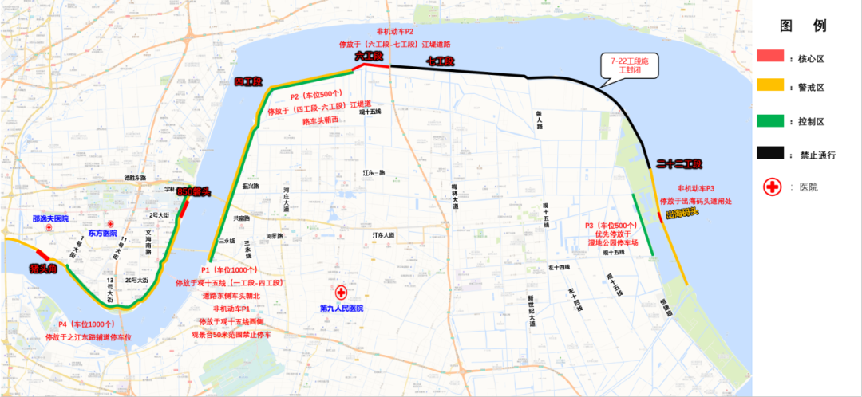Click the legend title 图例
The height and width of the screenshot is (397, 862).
pyautogui.click(x=808, y=26)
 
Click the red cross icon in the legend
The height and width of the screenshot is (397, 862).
pyautogui.click(x=773, y=187)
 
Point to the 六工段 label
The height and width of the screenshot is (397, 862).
pyautogui.click(x=370, y=57)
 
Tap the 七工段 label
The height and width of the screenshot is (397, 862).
pyautogui.click(x=441, y=61)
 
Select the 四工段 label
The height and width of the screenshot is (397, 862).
pyautogui.click(x=249, y=82)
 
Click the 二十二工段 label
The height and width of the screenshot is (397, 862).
pyautogui.click(x=678, y=164)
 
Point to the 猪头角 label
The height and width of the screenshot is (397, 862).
pyautogui.click(x=42, y=269)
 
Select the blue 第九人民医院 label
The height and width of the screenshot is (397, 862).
pyautogui.click(x=341, y=308)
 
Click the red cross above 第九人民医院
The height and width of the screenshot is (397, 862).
pyautogui.click(x=342, y=293)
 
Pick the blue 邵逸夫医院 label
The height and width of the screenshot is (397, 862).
pyautogui.click(x=50, y=218)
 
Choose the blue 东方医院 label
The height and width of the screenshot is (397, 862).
pyautogui.click(x=103, y=234)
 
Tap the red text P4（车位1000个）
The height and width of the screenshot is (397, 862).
pyautogui.click(x=86, y=324)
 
